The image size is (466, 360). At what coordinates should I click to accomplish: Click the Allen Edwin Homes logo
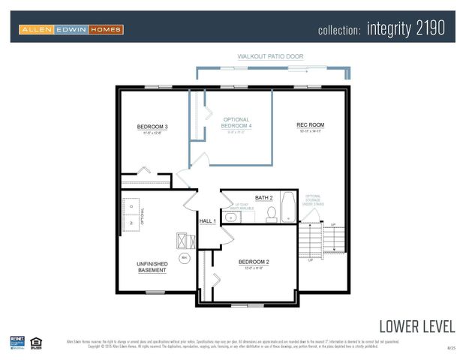click(71, 29)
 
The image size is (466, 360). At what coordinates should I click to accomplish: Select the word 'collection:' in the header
click(340, 31)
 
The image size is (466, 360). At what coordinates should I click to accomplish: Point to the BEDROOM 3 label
click(152, 127)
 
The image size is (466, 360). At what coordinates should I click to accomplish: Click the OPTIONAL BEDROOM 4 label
click(236, 123)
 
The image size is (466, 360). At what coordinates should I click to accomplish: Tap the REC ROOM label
click(310, 124)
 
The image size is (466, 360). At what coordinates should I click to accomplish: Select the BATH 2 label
click(263, 197)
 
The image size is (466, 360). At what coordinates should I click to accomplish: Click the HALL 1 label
click(208, 221)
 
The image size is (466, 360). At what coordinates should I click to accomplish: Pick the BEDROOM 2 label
click(254, 262)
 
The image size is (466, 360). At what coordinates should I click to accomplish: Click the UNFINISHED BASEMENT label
click(152, 267)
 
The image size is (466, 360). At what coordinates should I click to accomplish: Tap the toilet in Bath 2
click(272, 215)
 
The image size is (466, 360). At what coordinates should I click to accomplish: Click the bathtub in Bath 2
click(288, 208)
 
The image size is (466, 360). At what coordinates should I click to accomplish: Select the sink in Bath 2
click(232, 217)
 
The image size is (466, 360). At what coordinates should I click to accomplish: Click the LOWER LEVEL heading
click(416, 325)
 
